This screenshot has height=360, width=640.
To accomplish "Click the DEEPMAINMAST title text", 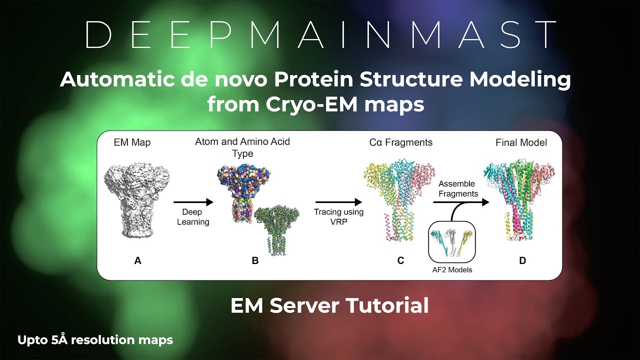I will click(320, 35).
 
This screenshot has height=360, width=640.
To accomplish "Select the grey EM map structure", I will click(137, 200).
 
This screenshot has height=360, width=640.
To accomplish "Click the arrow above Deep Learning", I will click(193, 202).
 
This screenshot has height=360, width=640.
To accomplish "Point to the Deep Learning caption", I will click(192, 217).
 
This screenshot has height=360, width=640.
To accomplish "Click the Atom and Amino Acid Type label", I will click(242, 147).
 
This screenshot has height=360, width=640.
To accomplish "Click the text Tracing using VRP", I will click(338, 216).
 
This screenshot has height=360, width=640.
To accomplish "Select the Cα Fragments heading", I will click(397, 142).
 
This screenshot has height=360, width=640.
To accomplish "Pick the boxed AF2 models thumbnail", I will click(452, 242).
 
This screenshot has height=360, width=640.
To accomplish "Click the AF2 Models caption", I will click(452, 270).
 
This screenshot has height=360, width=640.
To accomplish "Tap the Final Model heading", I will click(521, 142).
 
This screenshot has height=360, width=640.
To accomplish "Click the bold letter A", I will click(138, 260).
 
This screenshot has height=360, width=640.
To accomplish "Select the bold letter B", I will click(255, 260).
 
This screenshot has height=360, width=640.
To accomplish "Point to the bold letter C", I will click(400, 260).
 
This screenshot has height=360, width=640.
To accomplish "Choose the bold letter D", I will click(522, 260).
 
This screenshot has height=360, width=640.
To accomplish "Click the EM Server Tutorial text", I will click(329, 305).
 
